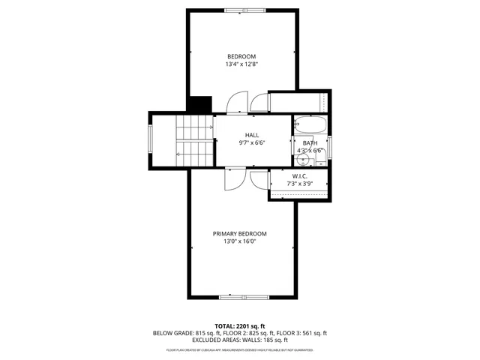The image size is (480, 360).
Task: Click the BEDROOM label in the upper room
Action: (x=241, y=57)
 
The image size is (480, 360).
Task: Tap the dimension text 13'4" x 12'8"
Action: (x=241, y=65)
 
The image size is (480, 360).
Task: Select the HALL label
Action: (x=252, y=135)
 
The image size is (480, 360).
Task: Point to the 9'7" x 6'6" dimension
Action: (x=252, y=143)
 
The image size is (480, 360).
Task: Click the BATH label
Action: (x=310, y=142)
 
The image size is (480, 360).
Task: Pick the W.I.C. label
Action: (x=299, y=175)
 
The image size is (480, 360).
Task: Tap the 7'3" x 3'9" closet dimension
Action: (x=299, y=184)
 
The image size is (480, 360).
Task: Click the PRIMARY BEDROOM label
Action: (x=239, y=233)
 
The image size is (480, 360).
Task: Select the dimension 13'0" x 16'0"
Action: (x=239, y=241)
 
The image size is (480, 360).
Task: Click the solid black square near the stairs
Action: (x=199, y=105)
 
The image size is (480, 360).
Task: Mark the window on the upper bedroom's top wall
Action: (x=244, y=10)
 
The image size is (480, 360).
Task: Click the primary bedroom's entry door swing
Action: (x=232, y=179)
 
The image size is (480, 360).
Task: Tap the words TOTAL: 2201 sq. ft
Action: (x=240, y=325)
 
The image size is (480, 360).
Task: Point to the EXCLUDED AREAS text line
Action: (x=240, y=340)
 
